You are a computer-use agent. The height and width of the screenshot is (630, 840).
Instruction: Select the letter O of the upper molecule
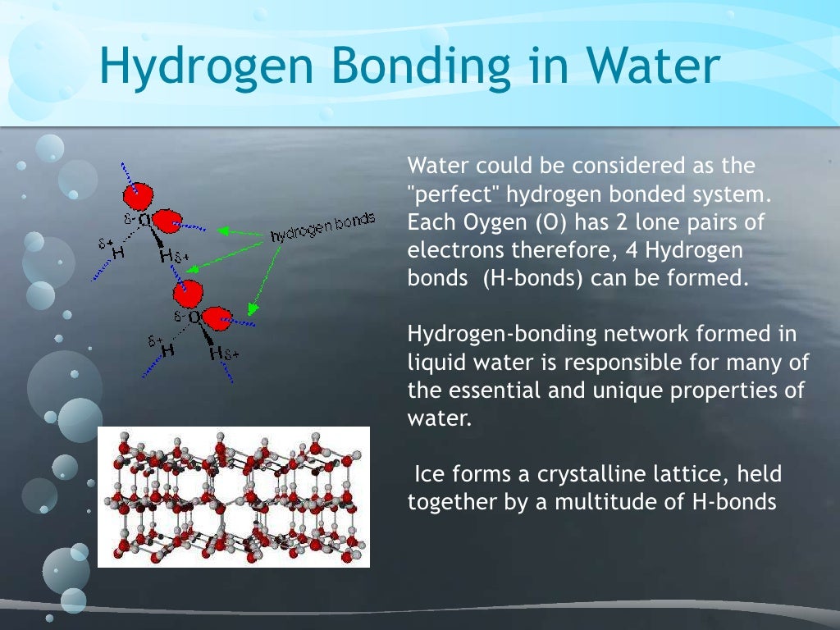click(x=144, y=220)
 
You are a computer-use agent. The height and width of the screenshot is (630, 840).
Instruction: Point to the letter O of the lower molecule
click(x=194, y=316)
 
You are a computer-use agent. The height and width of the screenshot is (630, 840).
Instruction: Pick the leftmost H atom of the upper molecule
click(x=119, y=253)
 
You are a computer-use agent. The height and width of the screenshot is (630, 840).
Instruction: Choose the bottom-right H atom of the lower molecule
click(x=216, y=354)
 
